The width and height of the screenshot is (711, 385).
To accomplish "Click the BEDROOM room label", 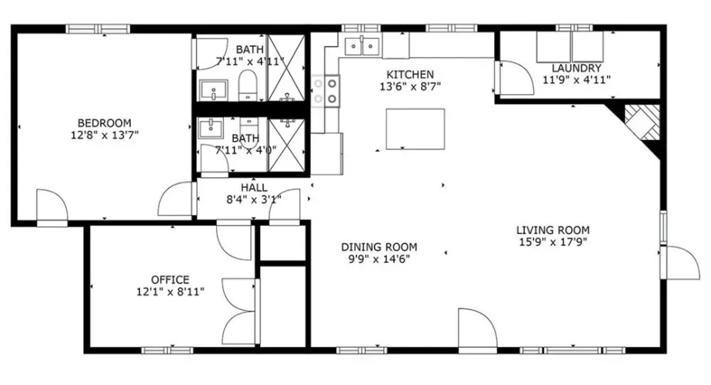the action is [x=105, y=123].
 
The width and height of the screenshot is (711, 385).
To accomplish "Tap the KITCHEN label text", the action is [x=410, y=75].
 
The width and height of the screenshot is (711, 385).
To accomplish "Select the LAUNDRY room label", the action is [x=576, y=69].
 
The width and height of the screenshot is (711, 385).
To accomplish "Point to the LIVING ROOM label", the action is [x=552, y=230].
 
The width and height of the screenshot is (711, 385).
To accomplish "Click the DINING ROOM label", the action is [x=379, y=247].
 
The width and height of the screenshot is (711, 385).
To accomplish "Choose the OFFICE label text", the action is [x=170, y=280].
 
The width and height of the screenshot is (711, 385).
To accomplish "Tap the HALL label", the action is [x=254, y=188].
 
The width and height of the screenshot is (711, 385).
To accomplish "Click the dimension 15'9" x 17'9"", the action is [x=552, y=242].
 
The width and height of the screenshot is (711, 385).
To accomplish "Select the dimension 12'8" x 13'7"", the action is [x=105, y=135].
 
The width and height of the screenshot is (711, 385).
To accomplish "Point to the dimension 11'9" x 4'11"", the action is [x=576, y=80].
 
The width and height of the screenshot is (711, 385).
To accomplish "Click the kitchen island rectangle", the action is [x=416, y=129].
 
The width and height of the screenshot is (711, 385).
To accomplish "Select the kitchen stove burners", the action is [x=325, y=91].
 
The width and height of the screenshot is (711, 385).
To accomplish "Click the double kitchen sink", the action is [x=362, y=46].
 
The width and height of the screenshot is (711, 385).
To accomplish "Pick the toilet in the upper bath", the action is [x=248, y=85].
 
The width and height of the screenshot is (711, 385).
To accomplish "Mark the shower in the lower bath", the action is [x=286, y=145].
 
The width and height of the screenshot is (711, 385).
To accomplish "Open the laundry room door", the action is [x=515, y=78].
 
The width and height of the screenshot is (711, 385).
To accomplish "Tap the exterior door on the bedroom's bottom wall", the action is [x=52, y=208].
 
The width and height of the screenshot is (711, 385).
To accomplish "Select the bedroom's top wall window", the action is [x=98, y=29].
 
